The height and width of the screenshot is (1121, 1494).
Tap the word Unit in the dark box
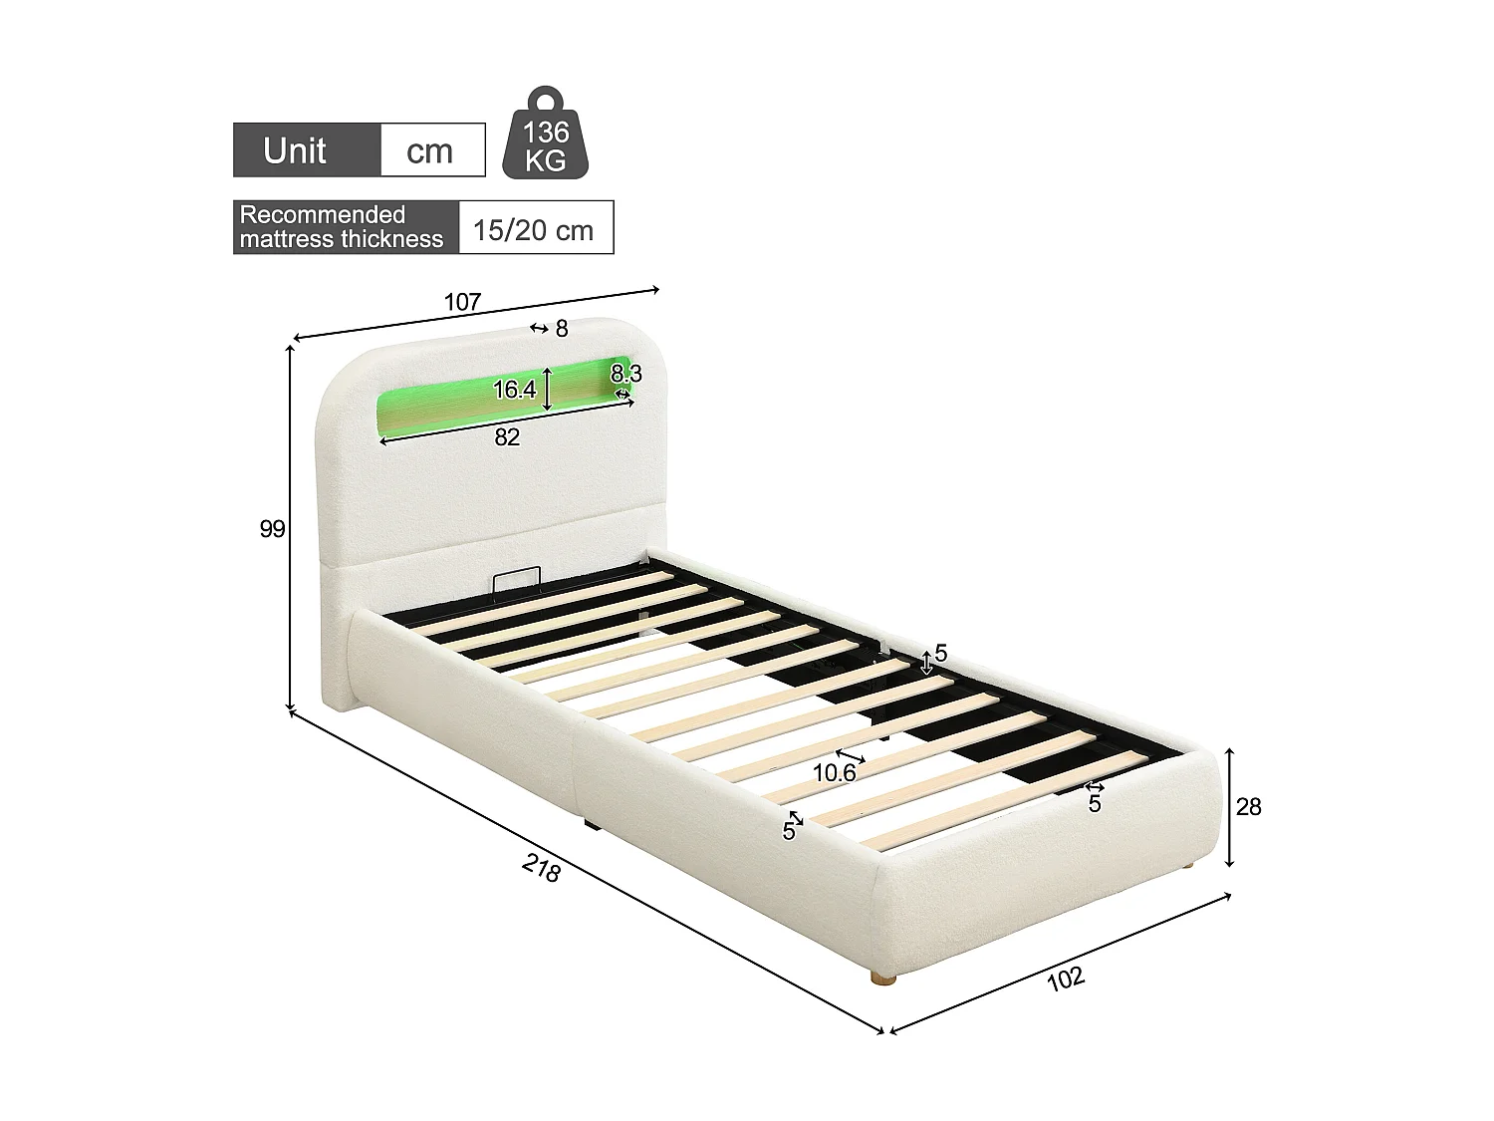295,150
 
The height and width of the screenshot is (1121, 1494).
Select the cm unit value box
430,150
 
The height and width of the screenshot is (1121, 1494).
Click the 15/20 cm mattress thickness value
533,230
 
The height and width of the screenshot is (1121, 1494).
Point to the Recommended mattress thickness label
342,227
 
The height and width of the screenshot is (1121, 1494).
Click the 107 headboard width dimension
462,301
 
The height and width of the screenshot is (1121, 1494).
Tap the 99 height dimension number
272,529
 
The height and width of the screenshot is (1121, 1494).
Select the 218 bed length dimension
541,869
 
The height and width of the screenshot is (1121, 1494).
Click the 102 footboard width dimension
1065,979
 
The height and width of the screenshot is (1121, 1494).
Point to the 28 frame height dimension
1248,806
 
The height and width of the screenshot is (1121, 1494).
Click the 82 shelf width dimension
507,436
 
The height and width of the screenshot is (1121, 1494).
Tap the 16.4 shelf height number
514,390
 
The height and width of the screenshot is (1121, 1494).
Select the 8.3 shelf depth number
626,375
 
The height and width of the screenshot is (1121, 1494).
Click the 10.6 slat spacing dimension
834,772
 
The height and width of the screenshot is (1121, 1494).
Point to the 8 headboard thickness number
562,328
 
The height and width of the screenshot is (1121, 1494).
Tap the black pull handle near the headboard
516,578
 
